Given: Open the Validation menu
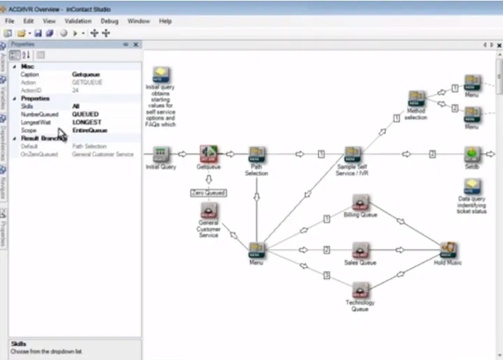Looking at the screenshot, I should click(78, 21).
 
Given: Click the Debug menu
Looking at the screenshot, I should click(109, 21).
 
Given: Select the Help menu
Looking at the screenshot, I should click(165, 21).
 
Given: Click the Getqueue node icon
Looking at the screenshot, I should click(209, 154).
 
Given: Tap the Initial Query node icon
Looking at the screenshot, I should click(162, 154).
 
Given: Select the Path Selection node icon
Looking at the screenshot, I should click(256, 154).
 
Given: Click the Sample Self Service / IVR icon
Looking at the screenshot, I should click(353, 154).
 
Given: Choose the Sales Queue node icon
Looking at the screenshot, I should click(360, 250).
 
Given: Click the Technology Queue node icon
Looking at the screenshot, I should click(360, 289).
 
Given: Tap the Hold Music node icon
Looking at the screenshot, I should click(449, 250).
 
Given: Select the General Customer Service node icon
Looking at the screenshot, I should click(208, 211).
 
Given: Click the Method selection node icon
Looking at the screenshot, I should click(416, 99).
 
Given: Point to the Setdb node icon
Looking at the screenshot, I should click(472, 154).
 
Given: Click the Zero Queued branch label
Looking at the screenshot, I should click(208, 192).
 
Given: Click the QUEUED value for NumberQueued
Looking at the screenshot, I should click(85, 114).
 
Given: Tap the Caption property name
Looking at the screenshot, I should click(30, 74).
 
